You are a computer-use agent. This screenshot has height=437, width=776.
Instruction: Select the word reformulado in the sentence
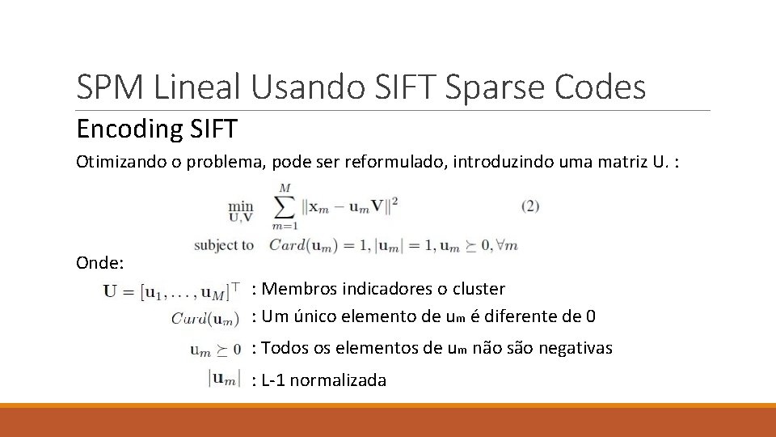coord(404,162)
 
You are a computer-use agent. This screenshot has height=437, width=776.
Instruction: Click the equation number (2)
coord(529,206)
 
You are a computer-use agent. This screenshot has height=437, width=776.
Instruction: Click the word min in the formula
coord(240,205)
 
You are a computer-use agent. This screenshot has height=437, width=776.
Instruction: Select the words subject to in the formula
coord(225,244)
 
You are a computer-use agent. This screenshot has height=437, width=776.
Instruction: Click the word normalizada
coord(338,380)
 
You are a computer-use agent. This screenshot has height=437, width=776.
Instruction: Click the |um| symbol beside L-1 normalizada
coord(224,377)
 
